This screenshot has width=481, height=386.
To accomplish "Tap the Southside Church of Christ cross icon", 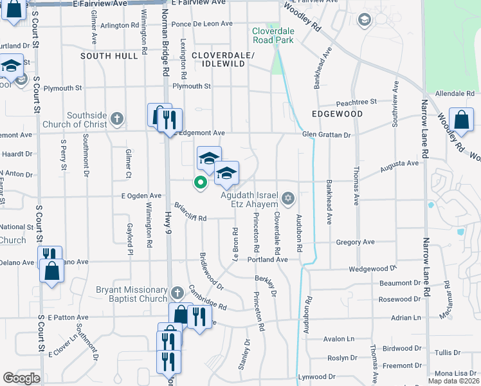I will (116, 118).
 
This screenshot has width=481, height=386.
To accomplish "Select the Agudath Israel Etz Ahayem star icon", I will (288, 196).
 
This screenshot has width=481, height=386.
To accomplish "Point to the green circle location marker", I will (200, 183).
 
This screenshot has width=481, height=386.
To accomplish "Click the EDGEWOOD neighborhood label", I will (337, 114).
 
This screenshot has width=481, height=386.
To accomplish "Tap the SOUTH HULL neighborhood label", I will (109, 56).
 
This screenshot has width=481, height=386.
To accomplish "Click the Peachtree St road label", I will (356, 102).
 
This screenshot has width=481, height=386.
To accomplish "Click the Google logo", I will (21, 378).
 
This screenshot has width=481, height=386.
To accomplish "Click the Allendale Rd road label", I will (455, 94).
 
